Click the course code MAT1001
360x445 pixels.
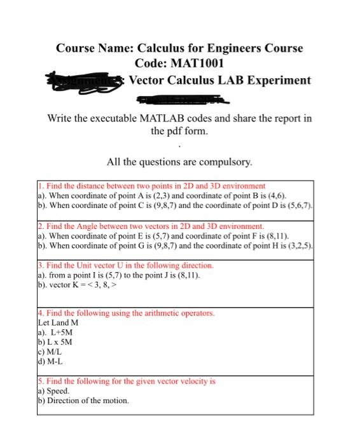197,64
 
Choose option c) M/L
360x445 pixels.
53,351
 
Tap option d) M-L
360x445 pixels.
53,361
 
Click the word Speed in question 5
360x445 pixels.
58,391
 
